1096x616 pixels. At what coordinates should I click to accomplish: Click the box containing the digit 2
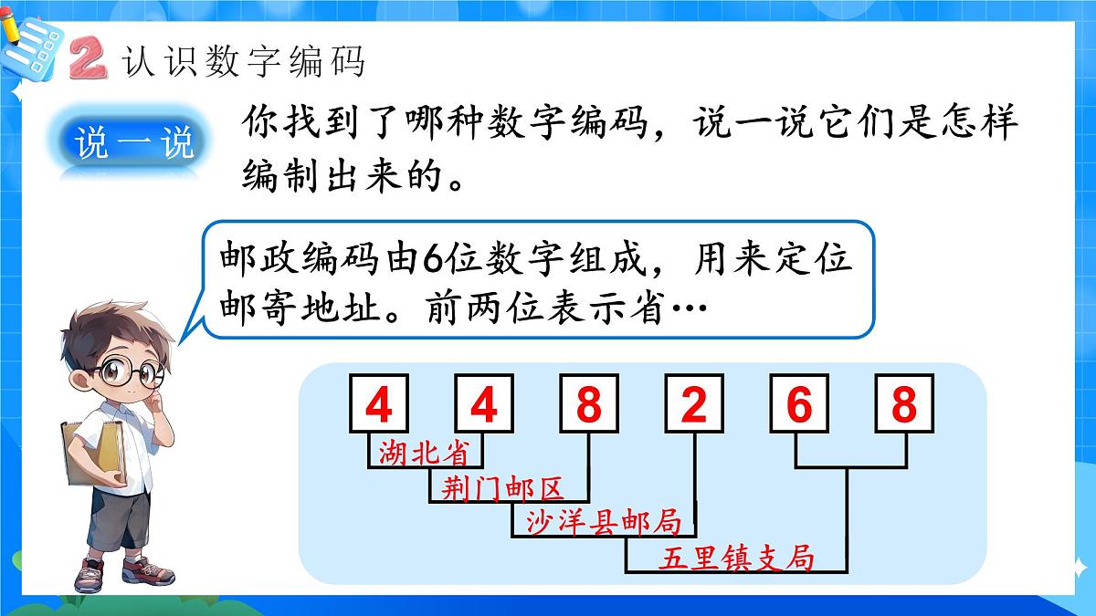(x=694, y=403)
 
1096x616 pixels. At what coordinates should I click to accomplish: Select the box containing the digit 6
(x=799, y=403)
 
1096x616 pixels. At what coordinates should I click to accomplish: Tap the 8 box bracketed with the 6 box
(x=904, y=403)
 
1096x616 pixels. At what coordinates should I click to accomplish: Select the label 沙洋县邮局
(x=604, y=521)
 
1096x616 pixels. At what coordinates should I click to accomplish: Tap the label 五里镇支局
(x=736, y=557)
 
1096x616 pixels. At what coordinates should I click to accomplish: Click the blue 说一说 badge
(x=135, y=144)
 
